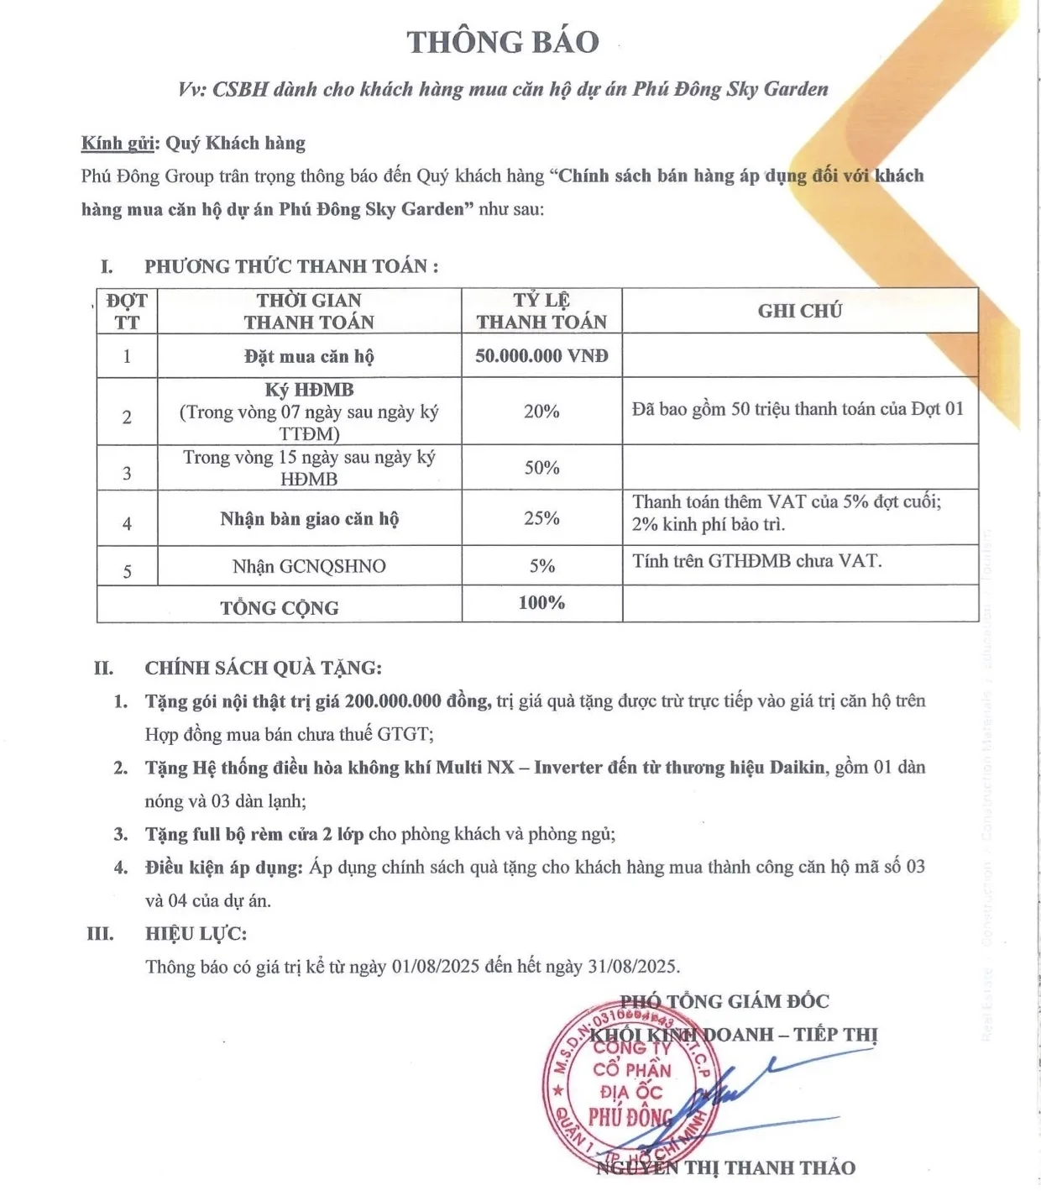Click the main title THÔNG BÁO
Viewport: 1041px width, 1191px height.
(503, 43)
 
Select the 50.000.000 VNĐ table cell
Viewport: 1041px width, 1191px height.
(541, 356)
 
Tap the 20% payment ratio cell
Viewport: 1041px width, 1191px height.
(541, 412)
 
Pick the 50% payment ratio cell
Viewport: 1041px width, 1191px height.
(541, 468)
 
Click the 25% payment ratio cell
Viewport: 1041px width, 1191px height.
(541, 518)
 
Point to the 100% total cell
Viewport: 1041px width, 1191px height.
(541, 603)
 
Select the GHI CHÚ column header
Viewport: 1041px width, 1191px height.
(799, 311)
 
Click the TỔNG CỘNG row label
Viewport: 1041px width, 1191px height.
(280, 608)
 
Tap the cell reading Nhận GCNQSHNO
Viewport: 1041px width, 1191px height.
(309, 567)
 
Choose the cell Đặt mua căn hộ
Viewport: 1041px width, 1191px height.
(309, 356)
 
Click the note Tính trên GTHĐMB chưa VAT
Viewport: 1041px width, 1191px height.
(756, 561)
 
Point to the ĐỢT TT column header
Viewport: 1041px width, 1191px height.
(127, 311)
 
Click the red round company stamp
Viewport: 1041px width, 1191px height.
(630, 1088)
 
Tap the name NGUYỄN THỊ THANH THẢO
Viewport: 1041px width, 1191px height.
(726, 1168)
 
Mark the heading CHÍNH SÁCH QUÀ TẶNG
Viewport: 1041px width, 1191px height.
(263, 669)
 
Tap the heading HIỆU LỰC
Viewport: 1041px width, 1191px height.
(196, 934)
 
